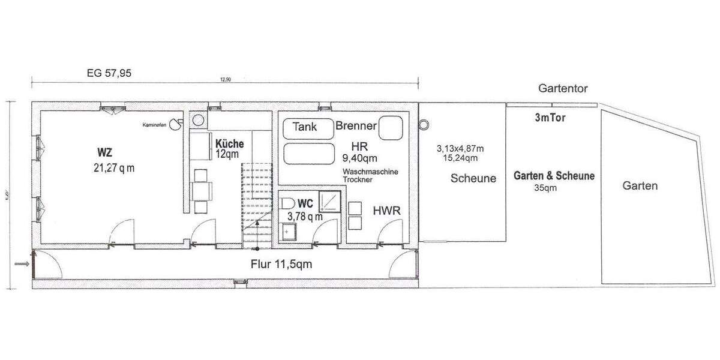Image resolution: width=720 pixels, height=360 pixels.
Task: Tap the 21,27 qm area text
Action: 110,168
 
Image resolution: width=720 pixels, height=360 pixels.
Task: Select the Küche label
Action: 229,144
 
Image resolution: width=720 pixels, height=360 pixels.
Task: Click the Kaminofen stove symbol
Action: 175,124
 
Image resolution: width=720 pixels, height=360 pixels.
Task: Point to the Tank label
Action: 304,127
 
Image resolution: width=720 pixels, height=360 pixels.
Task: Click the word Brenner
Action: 356,126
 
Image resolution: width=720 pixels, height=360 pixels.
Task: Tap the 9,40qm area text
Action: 359,158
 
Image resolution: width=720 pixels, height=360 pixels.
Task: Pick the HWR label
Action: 387,211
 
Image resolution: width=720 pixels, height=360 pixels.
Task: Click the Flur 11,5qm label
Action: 281,264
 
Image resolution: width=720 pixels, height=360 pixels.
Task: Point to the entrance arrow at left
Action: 21,263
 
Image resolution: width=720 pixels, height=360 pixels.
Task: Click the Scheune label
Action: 473,178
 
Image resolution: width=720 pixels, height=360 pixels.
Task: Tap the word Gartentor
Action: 563,89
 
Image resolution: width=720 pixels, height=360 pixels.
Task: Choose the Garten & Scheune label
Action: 554,176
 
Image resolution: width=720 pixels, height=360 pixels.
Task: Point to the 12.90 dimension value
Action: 226,80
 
